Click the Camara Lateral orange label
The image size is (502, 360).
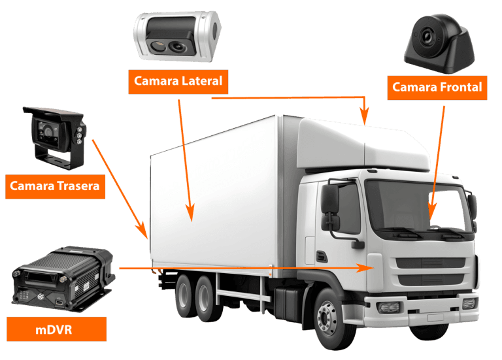pos(178,82)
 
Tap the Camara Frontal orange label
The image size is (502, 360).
pos(437,88)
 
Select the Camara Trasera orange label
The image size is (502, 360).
pos(55,187)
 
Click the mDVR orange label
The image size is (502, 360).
pos(56,329)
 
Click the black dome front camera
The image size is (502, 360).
pos(439,43)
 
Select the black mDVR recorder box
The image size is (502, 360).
pos(63,278)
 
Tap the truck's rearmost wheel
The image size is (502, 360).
pos(186,296)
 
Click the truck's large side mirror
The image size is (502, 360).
pos(330,199)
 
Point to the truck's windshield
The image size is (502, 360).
pos(416,205)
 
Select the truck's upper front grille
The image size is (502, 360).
pos(431,263)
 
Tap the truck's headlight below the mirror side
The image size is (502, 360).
pos(389,308)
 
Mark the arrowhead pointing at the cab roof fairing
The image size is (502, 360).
pos(364,116)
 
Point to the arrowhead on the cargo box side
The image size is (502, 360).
pos(190,213)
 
